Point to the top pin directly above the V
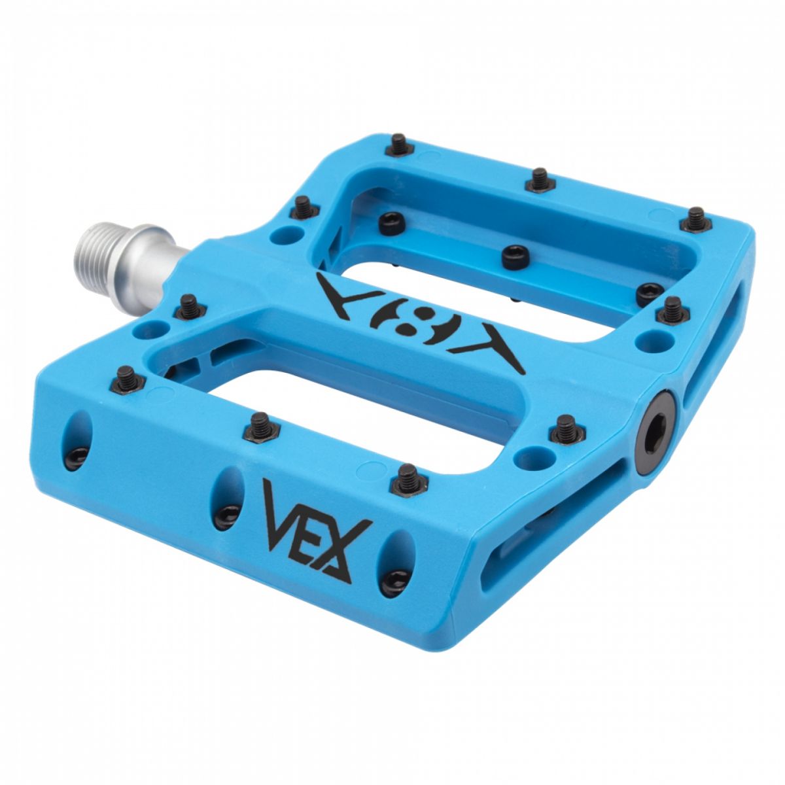pyautogui.click(x=260, y=426)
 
